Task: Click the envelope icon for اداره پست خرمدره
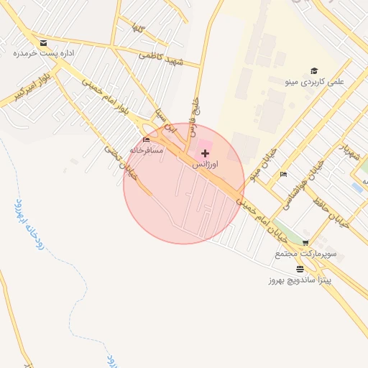(x=44, y=43)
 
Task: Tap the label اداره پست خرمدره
(x=45, y=53)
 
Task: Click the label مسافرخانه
(x=147, y=150)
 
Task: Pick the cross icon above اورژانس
(x=206, y=153)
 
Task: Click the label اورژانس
(x=206, y=164)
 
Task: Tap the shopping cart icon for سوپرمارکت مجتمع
(x=306, y=244)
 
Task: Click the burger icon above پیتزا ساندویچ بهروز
(x=299, y=268)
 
